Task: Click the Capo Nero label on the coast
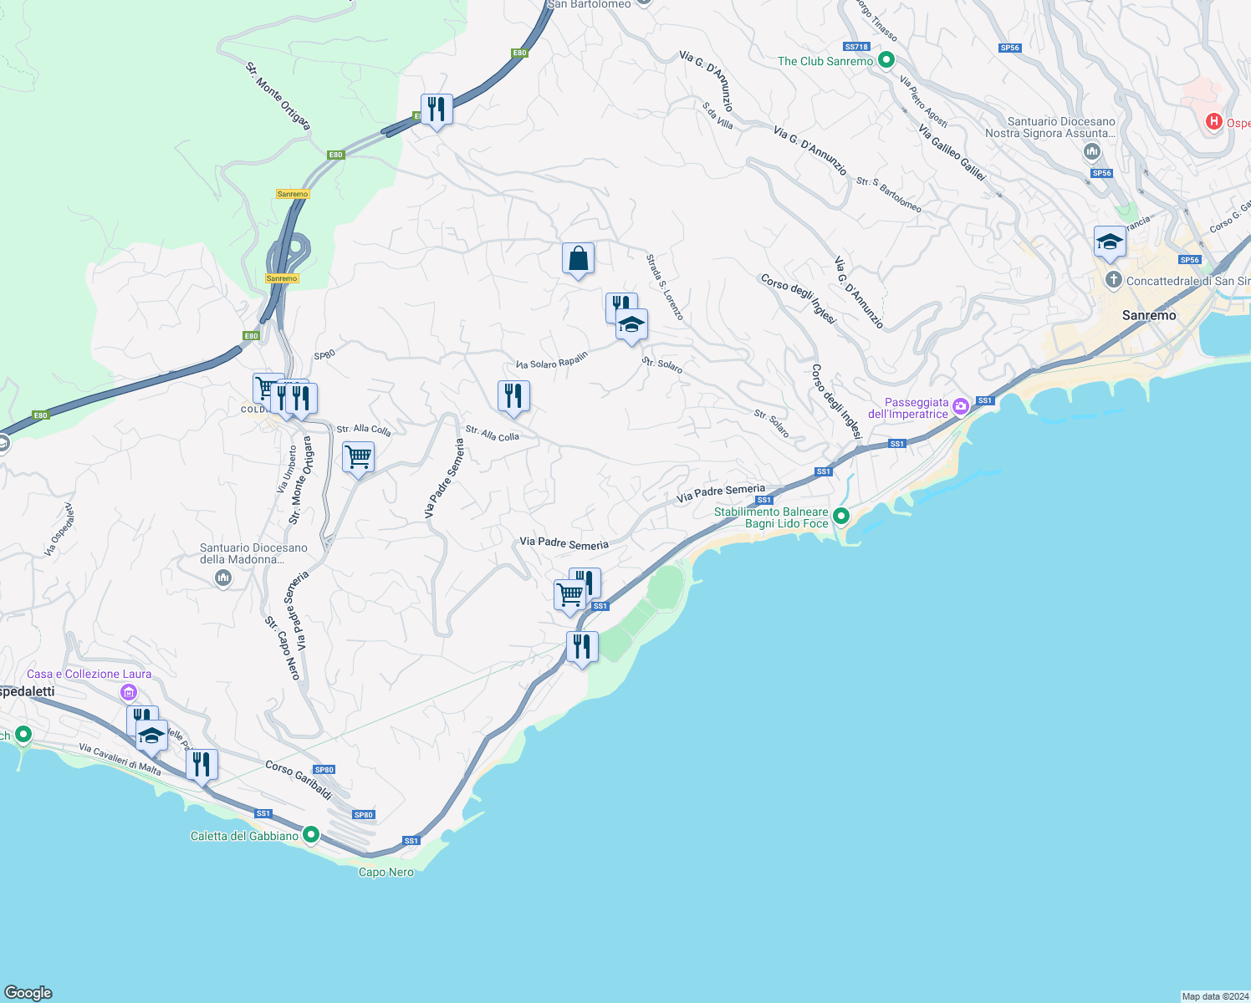386,872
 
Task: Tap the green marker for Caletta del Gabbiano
311,834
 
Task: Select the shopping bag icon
578,259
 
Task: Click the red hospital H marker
1213,122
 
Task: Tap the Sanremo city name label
1148,315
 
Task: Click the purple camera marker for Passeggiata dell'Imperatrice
961,406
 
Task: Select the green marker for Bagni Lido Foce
840,517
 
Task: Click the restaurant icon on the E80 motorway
437,109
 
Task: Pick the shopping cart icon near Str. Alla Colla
358,458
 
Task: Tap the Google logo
28,992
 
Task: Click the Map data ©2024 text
1214,996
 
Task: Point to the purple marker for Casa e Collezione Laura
128,692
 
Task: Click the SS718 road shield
857,48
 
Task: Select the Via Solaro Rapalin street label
552,360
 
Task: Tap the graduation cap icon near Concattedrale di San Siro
1110,242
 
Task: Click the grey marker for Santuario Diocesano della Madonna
223,578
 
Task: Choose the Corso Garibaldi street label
299,780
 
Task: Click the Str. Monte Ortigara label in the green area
278,96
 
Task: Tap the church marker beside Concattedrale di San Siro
1113,280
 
